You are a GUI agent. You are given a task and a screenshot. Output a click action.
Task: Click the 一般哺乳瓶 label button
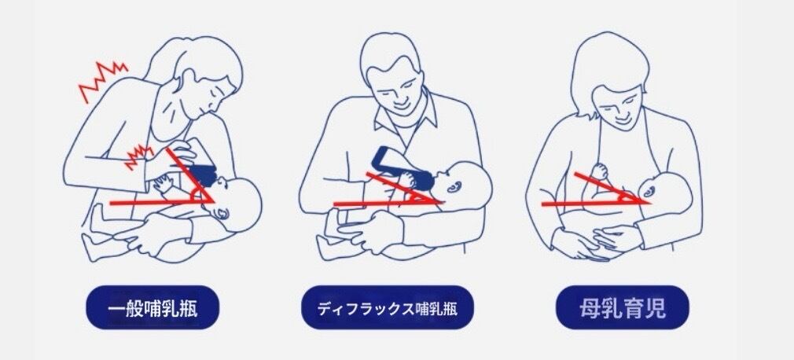coord(153,307)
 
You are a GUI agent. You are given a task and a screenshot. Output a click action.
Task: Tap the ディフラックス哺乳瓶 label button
coord(388,307)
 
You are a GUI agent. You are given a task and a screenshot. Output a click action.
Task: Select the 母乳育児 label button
coord(623,307)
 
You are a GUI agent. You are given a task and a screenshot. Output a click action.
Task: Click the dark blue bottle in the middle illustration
coord(402,167)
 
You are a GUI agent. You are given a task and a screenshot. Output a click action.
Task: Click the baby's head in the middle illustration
coord(463,184)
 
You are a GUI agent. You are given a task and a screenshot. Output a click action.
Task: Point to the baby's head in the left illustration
coord(237,203)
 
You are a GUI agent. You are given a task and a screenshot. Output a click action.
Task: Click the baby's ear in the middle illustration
coord(453,187)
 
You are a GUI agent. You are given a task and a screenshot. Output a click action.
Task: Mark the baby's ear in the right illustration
coord(649,191)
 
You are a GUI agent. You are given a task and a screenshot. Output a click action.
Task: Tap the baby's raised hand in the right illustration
coord(600,171)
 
